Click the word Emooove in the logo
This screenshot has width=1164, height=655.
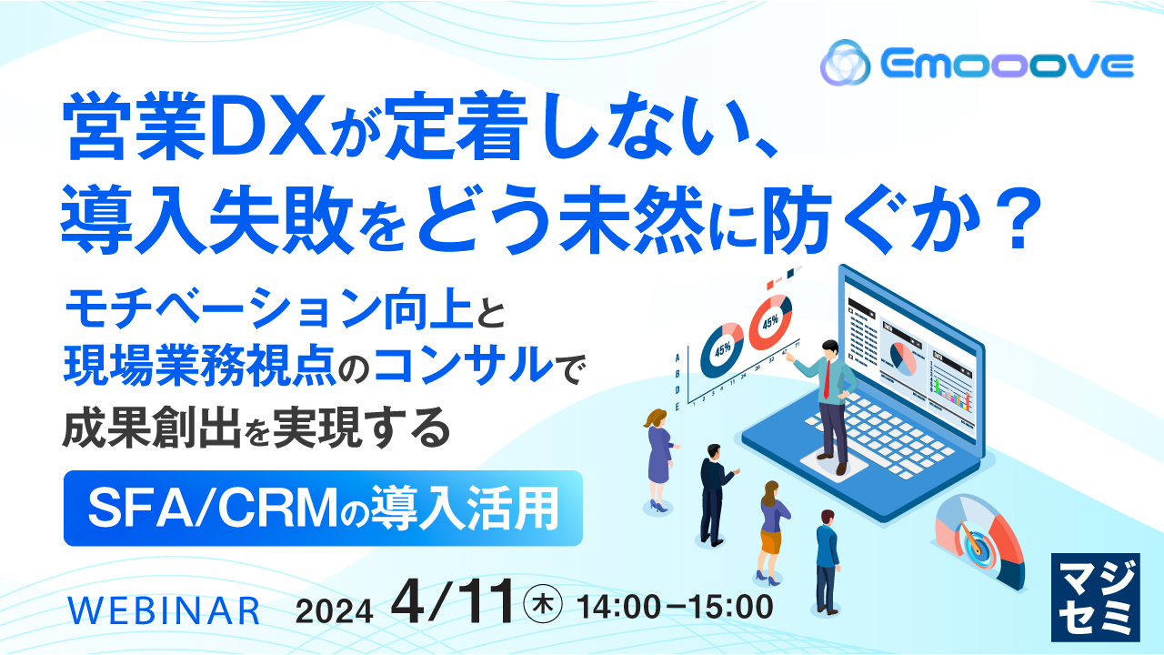1006,65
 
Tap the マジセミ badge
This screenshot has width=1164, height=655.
1094,595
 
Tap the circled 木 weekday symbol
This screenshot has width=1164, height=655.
545,604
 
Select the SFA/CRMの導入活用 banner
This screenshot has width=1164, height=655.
323,508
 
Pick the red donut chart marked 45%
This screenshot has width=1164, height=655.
770,323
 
